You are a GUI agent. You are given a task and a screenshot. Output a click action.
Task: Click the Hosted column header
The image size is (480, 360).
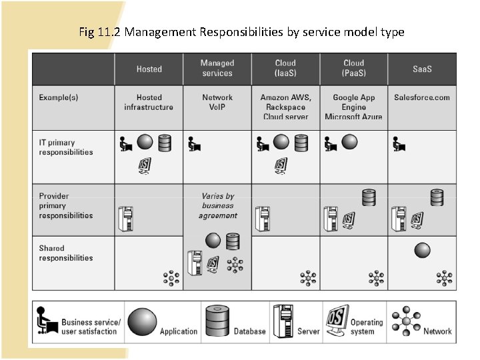pyautogui.click(x=149, y=69)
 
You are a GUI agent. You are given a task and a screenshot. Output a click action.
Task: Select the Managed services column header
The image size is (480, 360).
pyautogui.click(x=217, y=69)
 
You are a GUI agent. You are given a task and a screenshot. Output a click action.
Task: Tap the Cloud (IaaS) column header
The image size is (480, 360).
pyautogui.click(x=285, y=69)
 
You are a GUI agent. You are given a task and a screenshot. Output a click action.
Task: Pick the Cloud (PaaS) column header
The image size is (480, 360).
pyautogui.click(x=353, y=69)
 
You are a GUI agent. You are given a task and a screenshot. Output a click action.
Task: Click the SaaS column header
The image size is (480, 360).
pyautogui.click(x=422, y=69)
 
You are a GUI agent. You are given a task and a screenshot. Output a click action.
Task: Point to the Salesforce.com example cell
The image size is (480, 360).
pyautogui.click(x=422, y=97)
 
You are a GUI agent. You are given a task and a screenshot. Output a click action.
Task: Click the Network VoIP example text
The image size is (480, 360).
pyautogui.click(x=217, y=102)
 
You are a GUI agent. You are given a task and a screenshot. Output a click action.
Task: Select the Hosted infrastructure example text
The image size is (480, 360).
pyautogui.click(x=149, y=102)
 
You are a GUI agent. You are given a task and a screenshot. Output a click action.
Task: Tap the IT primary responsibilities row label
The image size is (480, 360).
pyautogui.click(x=66, y=147)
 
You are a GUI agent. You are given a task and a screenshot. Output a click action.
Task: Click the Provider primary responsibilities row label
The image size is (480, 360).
pyautogui.click(x=66, y=205)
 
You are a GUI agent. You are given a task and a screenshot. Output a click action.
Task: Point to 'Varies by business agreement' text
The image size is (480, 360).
pyautogui.click(x=217, y=205)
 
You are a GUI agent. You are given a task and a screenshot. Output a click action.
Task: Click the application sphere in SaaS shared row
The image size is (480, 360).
pyautogui.click(x=422, y=250)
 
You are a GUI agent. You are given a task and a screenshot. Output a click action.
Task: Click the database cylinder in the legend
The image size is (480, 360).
pyautogui.click(x=218, y=321)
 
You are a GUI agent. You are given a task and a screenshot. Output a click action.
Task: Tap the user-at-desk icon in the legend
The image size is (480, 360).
pyautogui.click(x=47, y=321)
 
